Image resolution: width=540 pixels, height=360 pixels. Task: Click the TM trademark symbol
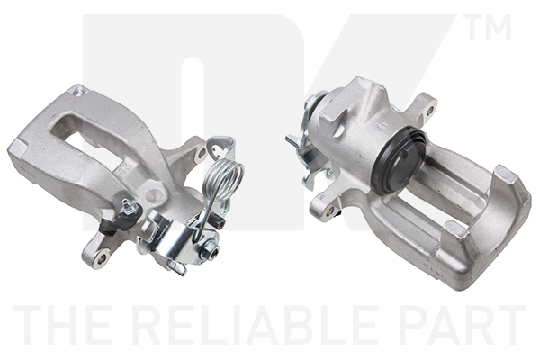tap(486, 27)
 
